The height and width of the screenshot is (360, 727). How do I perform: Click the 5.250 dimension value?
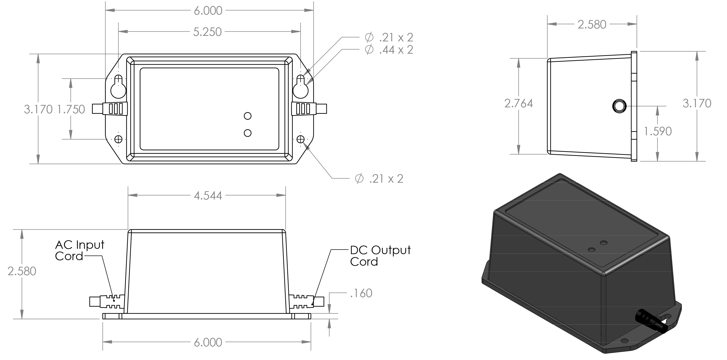207,32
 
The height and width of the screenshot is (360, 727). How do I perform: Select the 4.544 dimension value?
208,196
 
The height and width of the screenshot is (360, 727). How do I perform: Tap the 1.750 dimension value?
71,109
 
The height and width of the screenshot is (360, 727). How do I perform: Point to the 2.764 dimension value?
519,104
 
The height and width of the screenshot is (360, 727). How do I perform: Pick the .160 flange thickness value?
361,293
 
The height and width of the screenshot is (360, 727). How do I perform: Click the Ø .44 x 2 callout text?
389,50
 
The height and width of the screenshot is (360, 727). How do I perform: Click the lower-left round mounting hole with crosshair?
118,139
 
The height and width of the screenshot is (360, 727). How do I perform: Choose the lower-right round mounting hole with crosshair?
301,139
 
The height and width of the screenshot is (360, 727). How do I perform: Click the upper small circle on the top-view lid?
247,116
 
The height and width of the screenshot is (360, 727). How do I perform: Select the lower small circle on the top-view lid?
247,133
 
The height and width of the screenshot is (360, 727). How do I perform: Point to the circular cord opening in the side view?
619,106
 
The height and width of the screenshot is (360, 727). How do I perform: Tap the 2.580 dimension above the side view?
592,25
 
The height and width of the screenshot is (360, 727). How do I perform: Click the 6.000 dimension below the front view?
208,342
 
